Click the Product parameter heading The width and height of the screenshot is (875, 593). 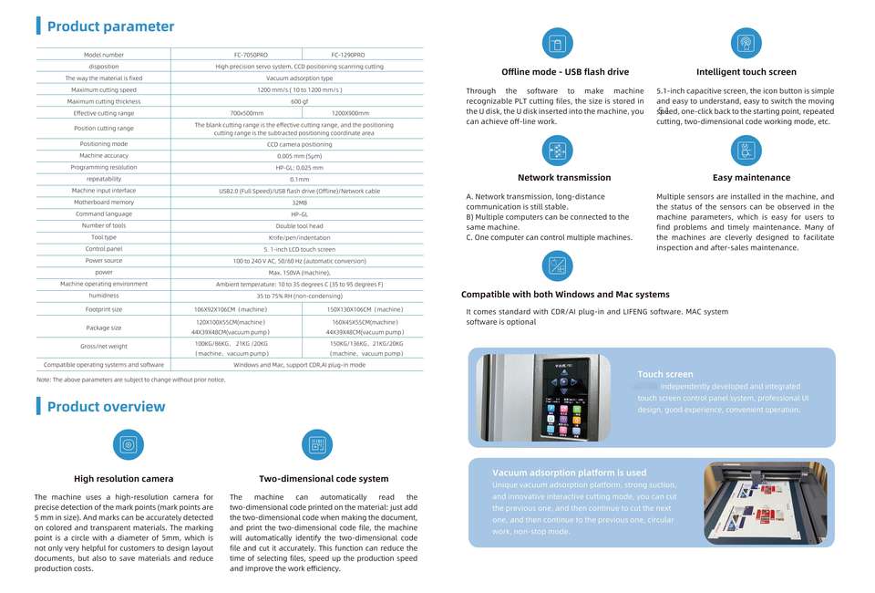(x=109, y=27)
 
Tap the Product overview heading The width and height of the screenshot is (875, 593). (x=106, y=407)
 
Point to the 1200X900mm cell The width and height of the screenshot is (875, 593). (x=350, y=113)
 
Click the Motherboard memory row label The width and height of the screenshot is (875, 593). (x=104, y=203)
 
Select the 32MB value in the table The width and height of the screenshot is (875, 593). (x=299, y=203)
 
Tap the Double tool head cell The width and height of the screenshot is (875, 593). (x=299, y=226)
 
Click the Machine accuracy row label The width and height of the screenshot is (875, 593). (x=104, y=156)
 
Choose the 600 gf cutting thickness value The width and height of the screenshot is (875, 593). (x=299, y=101)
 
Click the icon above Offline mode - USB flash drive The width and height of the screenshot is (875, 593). (x=557, y=43)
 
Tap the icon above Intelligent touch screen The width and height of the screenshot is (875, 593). (x=746, y=43)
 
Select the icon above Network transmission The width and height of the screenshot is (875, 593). (x=557, y=150)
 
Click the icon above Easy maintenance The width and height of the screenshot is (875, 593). (x=746, y=150)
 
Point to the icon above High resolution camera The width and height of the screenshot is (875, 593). (x=129, y=445)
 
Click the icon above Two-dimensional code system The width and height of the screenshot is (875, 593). (x=317, y=445)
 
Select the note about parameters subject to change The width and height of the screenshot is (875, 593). (x=131, y=380)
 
